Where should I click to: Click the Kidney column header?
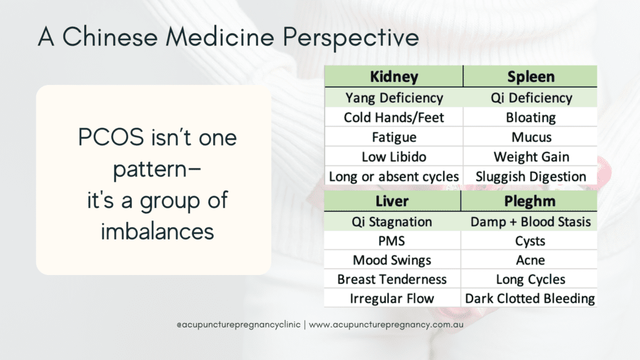coord(394,76)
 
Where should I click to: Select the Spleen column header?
coord(530,76)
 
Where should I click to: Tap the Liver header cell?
coord(392,201)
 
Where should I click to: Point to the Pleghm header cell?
coord(529,201)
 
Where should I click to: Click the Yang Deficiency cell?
coord(394,97)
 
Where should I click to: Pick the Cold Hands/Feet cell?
coord(394,117)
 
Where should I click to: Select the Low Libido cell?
coord(394,156)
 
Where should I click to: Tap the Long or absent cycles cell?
coord(394,176)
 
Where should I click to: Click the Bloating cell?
coord(530,117)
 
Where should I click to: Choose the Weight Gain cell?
coord(530,156)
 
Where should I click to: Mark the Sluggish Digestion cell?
coord(530,176)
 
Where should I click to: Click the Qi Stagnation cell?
coord(392,221)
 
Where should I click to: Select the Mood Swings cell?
coord(392,259)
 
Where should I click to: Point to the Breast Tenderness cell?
coord(392,279)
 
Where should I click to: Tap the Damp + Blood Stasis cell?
coord(529,221)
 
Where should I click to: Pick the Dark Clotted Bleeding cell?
coord(529,298)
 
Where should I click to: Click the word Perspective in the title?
coord(351,37)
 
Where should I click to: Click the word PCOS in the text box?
coord(111,137)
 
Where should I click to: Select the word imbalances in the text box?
coord(157,231)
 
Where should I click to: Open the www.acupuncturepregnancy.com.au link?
coord(386,325)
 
